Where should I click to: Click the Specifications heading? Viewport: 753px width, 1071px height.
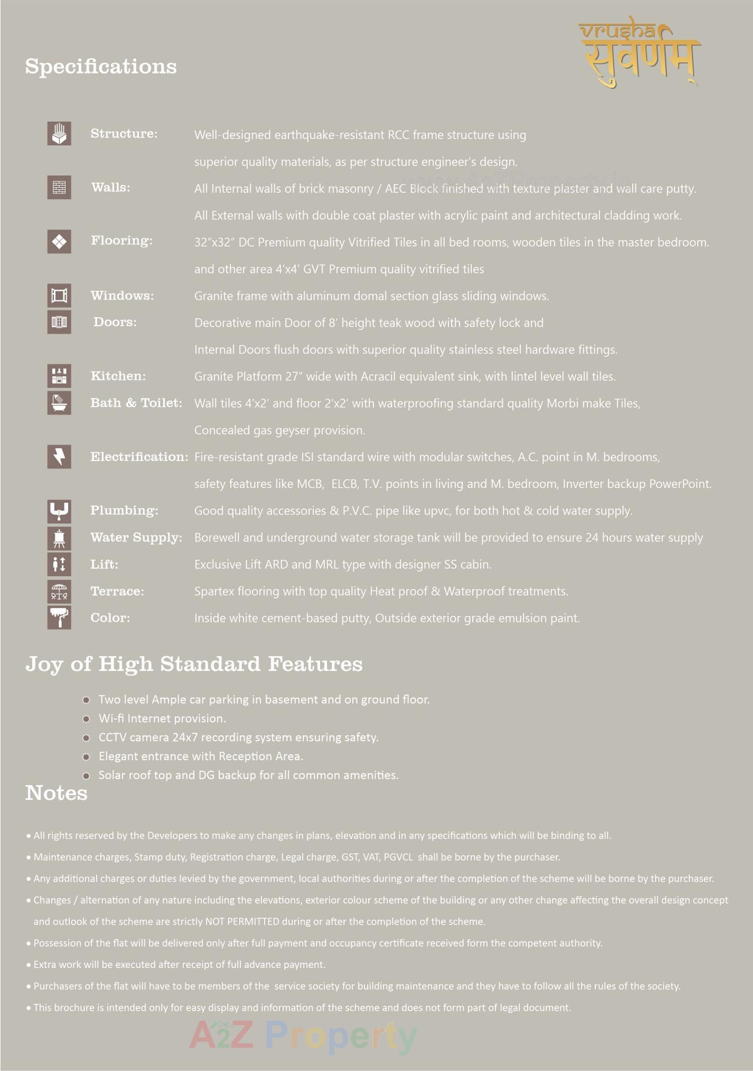(x=101, y=66)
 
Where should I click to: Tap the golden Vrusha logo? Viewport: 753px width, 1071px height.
(x=639, y=51)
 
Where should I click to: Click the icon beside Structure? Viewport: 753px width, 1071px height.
(x=59, y=134)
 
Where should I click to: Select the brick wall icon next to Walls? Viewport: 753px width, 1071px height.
(x=59, y=187)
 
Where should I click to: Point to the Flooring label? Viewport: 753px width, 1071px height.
(x=122, y=241)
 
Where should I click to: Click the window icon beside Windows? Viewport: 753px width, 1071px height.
(x=59, y=295)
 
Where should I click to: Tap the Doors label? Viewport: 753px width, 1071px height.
(x=115, y=322)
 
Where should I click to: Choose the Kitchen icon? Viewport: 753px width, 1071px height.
(x=59, y=376)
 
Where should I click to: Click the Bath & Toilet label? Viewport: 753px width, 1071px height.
(x=136, y=403)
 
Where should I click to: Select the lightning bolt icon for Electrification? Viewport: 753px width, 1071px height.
(x=59, y=456)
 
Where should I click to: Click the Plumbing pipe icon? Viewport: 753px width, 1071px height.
(x=59, y=511)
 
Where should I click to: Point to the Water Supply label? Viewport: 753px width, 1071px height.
(x=136, y=537)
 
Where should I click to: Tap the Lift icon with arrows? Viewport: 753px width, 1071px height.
(x=59, y=564)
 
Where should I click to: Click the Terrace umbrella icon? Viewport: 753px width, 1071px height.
(x=59, y=591)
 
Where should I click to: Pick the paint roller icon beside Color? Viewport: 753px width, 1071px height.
(x=59, y=618)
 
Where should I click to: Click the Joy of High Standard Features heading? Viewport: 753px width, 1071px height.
(x=194, y=664)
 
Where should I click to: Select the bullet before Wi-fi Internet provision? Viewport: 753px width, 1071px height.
(x=86, y=719)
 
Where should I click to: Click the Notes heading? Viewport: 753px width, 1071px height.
(x=56, y=793)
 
